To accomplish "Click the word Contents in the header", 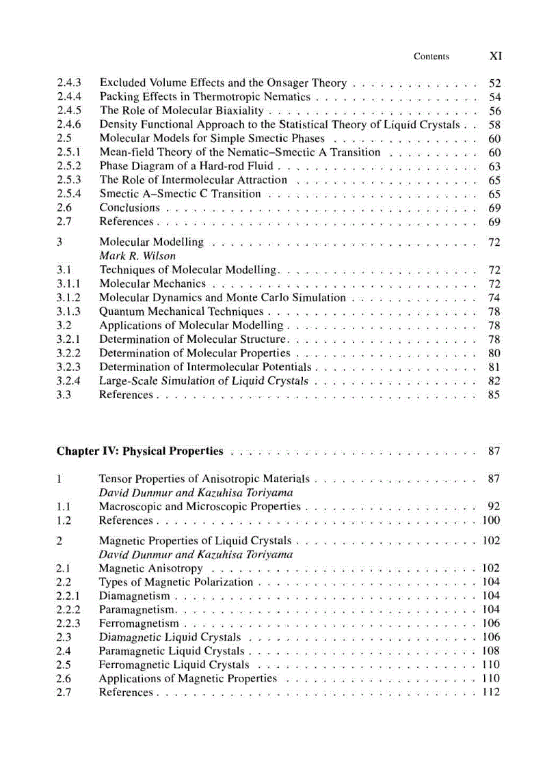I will point(431,57).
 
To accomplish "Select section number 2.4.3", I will point(69,83).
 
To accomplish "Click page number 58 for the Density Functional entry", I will point(495,125).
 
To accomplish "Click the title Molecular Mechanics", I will point(152,283).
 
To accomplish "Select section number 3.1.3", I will point(68,311).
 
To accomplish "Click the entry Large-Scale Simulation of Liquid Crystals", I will point(204,380).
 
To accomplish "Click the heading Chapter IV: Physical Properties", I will point(139,451).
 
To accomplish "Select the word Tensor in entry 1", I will point(116,479).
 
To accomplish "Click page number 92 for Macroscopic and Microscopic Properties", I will point(494,507).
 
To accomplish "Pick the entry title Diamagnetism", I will point(134,596).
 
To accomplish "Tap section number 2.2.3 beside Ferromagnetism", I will point(68,623).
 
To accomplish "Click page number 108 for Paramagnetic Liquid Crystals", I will point(491,651).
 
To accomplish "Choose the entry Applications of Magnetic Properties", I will point(188,678).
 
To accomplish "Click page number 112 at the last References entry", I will point(491,692).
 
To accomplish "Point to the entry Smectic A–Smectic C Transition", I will point(180,194).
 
